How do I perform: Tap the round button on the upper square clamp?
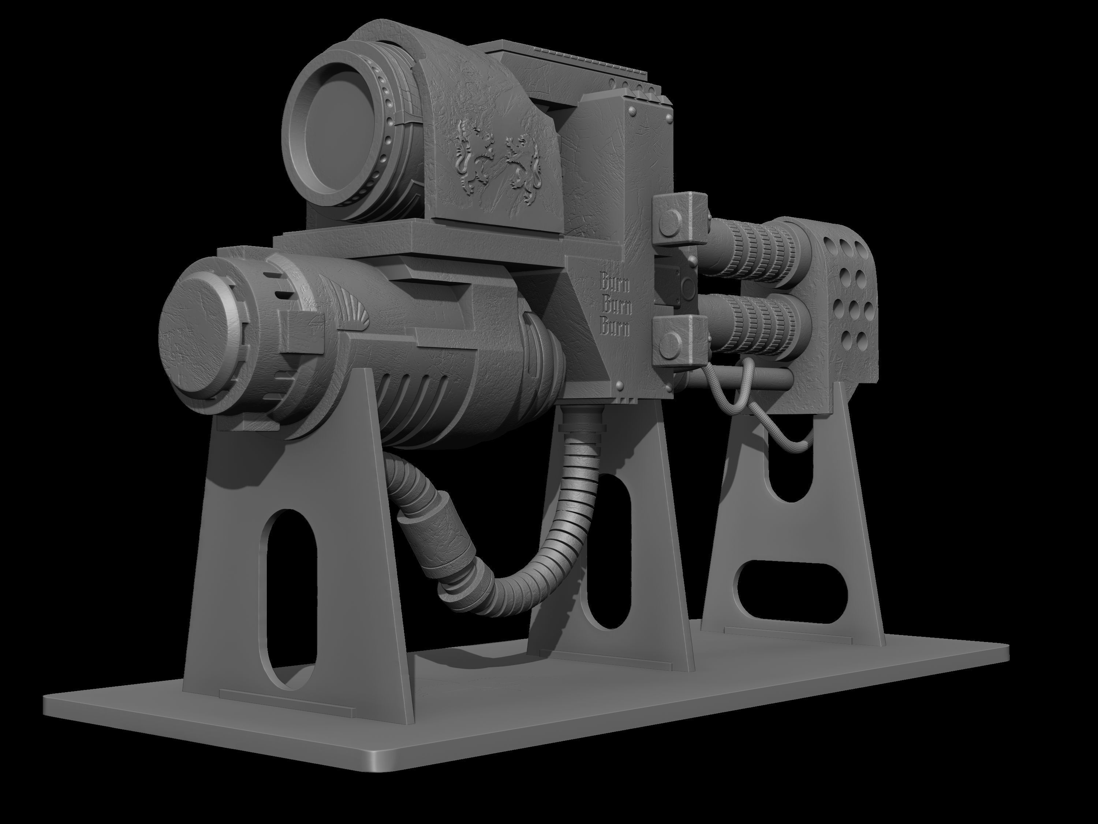pos(671,222)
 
